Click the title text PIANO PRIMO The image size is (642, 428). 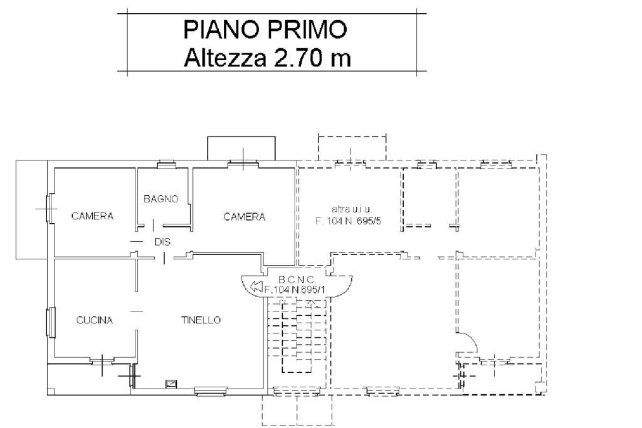point(265,29)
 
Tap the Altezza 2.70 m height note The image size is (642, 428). point(267,58)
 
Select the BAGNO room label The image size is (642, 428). point(161,199)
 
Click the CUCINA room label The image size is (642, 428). point(95,320)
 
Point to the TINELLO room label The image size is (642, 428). point(201,320)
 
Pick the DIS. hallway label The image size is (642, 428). point(164,242)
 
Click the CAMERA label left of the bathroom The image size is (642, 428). point(92,216)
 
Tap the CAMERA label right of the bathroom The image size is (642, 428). point(245,216)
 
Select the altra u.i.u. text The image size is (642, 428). point(351,209)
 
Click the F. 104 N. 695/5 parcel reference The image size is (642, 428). point(348,221)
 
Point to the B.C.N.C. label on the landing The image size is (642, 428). point(297,280)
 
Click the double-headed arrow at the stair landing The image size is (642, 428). point(256,286)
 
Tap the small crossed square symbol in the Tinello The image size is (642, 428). point(171,384)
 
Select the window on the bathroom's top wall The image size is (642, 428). point(167,164)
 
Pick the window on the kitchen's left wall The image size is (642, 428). point(51,323)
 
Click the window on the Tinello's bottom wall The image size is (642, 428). point(211,391)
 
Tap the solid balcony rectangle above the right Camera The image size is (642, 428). point(241,149)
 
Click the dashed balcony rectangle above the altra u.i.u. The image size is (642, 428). point(352,148)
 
